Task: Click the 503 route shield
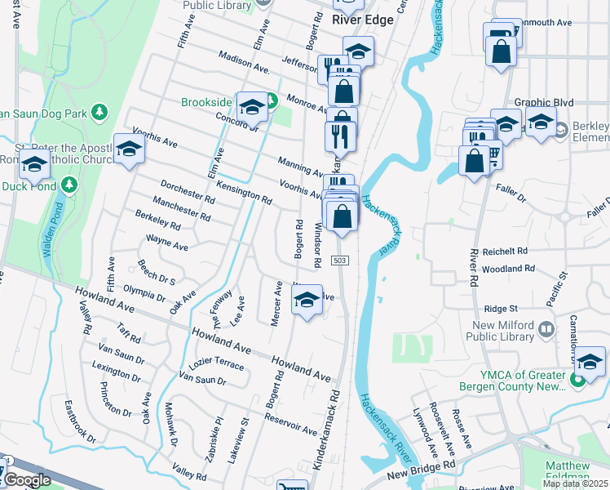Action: (340, 260)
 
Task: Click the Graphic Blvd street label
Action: (544, 102)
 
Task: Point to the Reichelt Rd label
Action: (505, 251)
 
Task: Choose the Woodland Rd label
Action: (506, 268)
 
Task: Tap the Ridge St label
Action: (502, 309)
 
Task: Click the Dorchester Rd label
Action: (188, 192)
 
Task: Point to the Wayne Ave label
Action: (167, 243)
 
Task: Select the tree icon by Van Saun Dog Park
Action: (99, 111)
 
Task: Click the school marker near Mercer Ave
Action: (307, 300)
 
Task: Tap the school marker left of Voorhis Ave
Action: (128, 148)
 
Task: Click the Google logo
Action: (27, 479)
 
